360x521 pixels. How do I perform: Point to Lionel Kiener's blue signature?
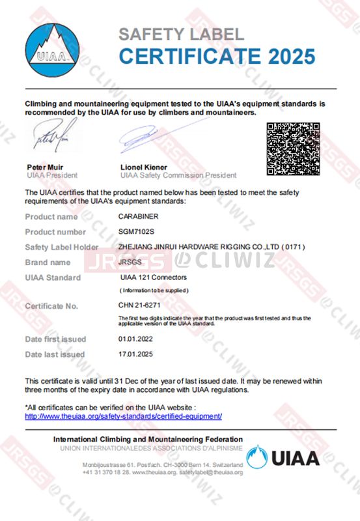(146, 138)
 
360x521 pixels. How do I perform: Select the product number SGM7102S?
(136, 232)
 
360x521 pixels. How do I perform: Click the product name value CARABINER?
(137, 216)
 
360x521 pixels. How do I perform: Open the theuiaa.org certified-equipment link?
(124, 415)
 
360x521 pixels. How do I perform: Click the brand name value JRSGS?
(129, 262)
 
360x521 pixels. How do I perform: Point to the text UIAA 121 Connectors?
(153, 277)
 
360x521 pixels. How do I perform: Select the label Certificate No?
(51, 305)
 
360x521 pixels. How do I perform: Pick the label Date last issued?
(55, 354)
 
